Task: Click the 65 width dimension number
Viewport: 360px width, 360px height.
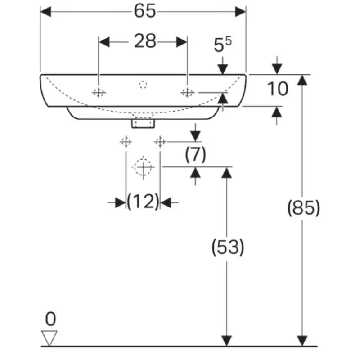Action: (145, 11)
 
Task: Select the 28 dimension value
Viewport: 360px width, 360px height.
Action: (145, 41)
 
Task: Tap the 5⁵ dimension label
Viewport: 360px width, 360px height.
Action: (223, 44)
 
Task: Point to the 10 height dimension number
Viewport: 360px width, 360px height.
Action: (278, 89)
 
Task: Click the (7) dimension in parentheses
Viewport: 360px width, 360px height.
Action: (195, 154)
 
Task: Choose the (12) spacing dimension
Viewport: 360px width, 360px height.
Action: (143, 201)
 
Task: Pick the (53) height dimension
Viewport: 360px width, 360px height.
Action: (228, 247)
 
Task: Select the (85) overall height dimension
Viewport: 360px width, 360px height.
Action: (303, 208)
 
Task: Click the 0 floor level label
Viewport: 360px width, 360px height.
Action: (50, 319)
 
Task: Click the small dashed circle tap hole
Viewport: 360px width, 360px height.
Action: (143, 85)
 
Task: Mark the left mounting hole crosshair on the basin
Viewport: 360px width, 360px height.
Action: (99, 93)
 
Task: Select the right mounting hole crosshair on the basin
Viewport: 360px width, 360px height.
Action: (188, 93)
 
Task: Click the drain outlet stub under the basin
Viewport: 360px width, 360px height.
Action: (143, 122)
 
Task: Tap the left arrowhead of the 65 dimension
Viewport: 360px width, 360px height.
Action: (46, 12)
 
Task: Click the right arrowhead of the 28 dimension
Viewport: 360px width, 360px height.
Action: (182, 42)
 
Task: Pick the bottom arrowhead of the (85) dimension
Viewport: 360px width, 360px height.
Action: (302, 341)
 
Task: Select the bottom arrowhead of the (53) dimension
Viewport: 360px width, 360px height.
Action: (227, 341)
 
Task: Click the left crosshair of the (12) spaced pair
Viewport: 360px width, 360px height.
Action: (126, 142)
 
